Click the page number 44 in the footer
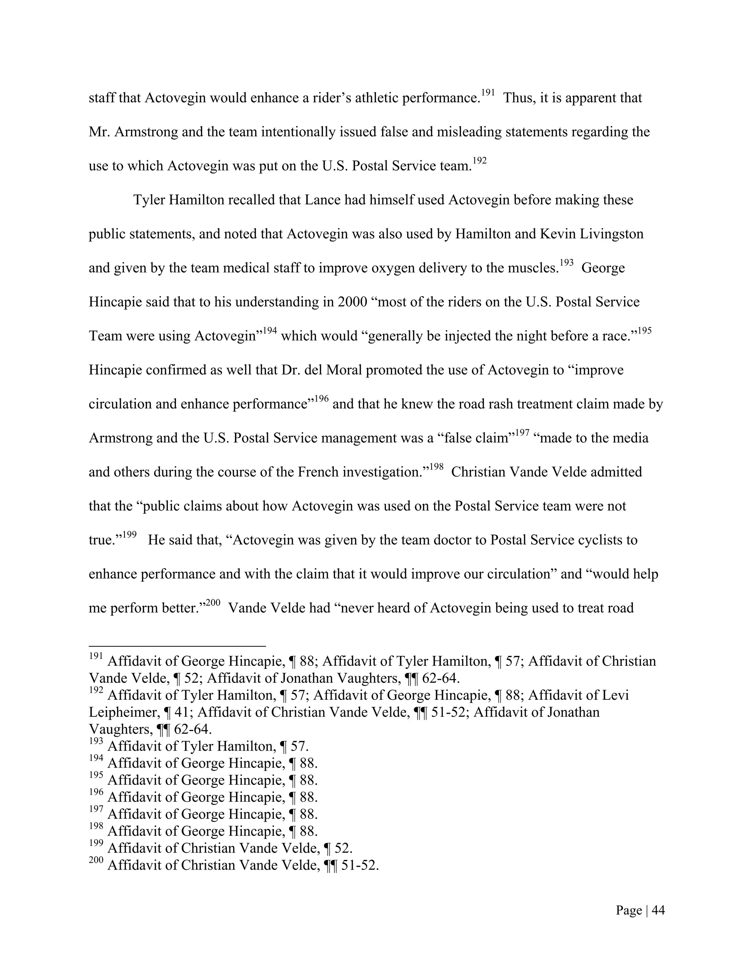[658, 910]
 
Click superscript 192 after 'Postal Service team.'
[479, 161]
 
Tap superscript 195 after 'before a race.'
[645, 331]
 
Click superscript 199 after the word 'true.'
[129, 535]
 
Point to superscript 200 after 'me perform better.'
[213, 603]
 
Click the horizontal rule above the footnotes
[177, 646]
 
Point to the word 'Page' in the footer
[629, 910]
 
